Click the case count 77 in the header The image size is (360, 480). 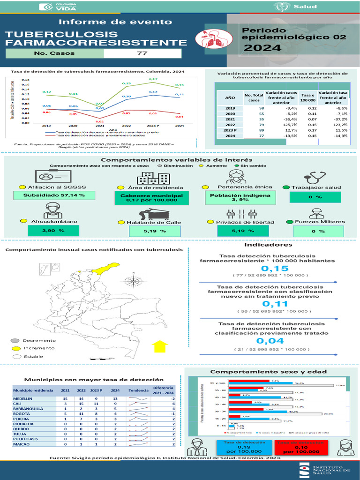pyautogui.click(x=142, y=53)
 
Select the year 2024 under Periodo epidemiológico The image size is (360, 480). pyautogui.click(x=262, y=47)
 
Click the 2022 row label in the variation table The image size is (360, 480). pyautogui.click(x=230, y=125)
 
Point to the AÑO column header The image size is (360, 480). pyautogui.click(x=230, y=97)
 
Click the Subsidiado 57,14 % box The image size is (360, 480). pyautogui.click(x=54, y=195)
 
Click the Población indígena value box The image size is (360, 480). pyautogui.click(x=233, y=197)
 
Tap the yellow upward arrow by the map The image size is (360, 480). pyautogui.click(x=161, y=346)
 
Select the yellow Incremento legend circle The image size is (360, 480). pyautogui.click(x=15, y=348)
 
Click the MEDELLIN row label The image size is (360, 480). pyautogui.click(x=23, y=398)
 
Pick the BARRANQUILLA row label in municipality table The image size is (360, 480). pyautogui.click(x=28, y=409)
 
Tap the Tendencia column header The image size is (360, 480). pyautogui.click(x=138, y=390)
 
